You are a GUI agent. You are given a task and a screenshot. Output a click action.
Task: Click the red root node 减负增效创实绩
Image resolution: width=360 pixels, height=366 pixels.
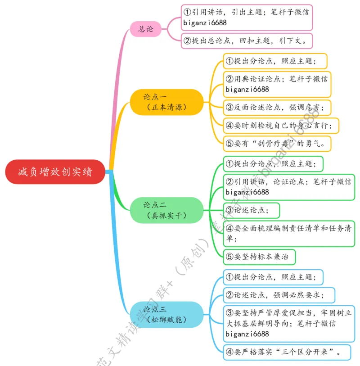[55, 172]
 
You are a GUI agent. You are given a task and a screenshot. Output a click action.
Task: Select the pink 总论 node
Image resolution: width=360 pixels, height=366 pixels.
[145, 29]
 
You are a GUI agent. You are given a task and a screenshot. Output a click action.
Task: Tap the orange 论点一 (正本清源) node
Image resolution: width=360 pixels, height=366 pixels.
[166, 102]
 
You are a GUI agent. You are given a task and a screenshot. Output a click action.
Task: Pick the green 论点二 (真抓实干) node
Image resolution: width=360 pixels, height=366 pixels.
[166, 210]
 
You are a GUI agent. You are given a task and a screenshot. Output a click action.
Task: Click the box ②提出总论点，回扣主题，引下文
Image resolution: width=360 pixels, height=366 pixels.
[246, 41]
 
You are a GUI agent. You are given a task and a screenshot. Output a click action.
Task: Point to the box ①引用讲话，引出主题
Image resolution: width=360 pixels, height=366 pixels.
[246, 17]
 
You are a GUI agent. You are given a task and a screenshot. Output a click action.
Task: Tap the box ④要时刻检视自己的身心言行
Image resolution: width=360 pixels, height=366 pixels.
[281, 125]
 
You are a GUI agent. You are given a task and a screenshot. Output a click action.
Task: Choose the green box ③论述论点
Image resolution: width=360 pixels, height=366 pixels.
[252, 210]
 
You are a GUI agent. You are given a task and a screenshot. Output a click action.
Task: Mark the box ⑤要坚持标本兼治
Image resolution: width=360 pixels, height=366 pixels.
[260, 257]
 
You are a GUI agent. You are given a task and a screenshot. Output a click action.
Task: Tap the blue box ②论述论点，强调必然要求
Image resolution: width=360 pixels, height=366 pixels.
[279, 295]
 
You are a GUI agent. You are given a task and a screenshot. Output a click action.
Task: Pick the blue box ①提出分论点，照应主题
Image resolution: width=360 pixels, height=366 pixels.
[273, 277]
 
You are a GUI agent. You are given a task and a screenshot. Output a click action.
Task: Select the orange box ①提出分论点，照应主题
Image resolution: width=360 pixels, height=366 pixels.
[275, 61]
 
